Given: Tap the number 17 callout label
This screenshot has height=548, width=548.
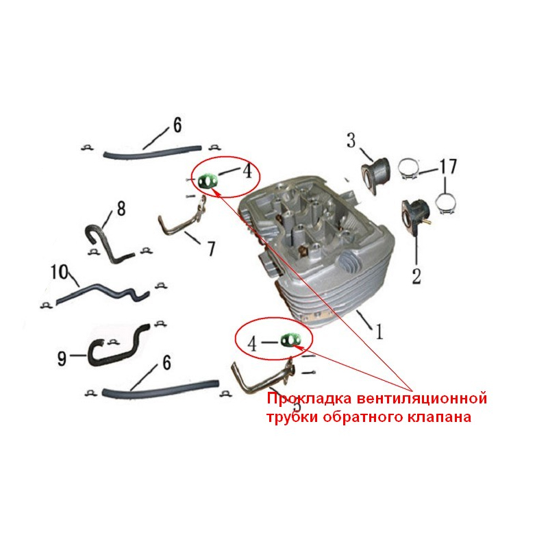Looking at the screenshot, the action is click(448, 166).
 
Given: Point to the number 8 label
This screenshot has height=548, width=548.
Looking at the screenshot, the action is click(121, 209).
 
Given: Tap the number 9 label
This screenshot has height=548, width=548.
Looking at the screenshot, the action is click(62, 358).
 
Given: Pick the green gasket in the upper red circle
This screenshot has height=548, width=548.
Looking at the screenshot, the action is click(208, 182).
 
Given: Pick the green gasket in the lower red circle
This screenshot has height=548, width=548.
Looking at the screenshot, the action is click(291, 340).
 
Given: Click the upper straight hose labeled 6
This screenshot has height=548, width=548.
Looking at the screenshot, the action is click(152, 152).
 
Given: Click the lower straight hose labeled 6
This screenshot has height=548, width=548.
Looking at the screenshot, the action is click(160, 389).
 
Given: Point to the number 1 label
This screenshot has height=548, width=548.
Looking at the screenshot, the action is click(379, 332).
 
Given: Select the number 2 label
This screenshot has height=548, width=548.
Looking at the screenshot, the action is click(416, 277).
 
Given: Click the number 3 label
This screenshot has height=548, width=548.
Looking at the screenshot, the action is click(351, 140).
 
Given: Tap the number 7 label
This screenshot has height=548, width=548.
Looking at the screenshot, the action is click(211, 249).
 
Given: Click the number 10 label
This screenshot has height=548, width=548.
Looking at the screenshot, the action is click(60, 272).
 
